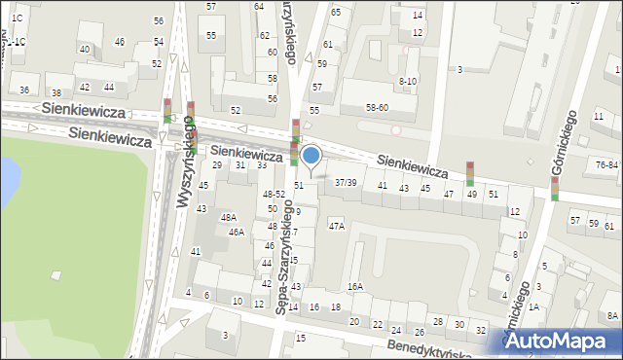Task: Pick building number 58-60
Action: pos(377,108)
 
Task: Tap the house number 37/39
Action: pos(346,182)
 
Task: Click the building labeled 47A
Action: pos(337,226)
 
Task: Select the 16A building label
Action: pos(355,286)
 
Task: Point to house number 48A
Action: pos(228,218)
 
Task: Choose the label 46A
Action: pos(237,233)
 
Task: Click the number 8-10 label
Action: pos(408,82)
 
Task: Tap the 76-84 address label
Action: pos(606,164)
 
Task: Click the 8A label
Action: pos(612,315)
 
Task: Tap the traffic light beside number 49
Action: pos(470,173)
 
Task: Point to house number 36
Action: pos(24,90)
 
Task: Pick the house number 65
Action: pos(336,12)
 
